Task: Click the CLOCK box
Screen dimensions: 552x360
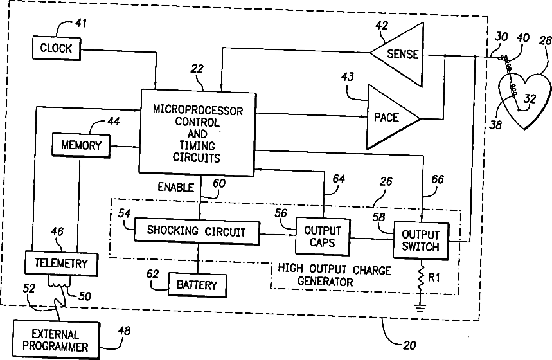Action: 57,48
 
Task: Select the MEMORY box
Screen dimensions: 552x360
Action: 81,145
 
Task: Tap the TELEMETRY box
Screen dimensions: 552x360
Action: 61,263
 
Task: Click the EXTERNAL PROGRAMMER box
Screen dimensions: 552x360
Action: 56,339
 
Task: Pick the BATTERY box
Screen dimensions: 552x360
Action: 197,285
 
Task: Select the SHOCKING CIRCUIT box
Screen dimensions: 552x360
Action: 197,231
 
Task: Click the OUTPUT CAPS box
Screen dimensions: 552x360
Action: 323,236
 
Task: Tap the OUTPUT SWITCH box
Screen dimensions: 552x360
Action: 421,240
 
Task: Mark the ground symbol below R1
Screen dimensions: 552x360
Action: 420,307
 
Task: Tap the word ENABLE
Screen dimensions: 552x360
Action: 175,187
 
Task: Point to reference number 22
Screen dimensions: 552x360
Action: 197,68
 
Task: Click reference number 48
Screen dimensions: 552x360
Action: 124,331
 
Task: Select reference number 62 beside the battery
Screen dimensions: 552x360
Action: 152,274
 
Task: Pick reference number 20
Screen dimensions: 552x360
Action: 409,345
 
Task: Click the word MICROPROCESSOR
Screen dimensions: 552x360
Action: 198,111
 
